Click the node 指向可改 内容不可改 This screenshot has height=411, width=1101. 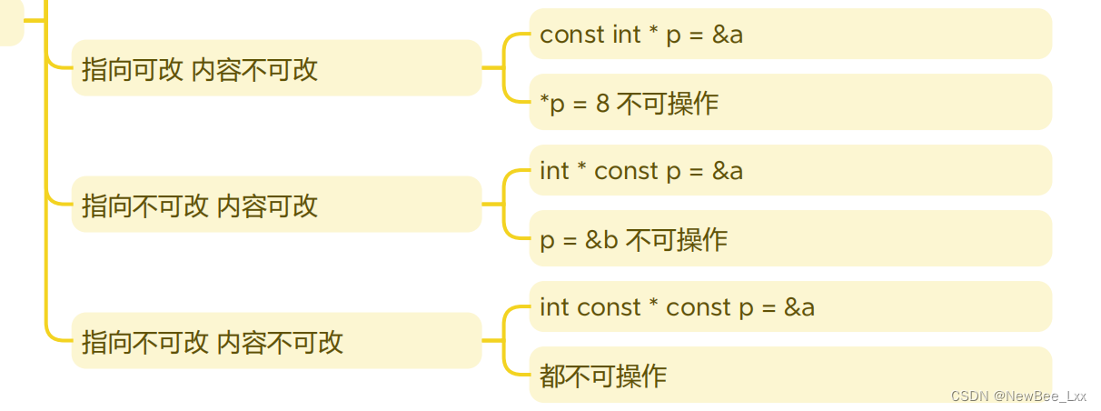(x=276, y=68)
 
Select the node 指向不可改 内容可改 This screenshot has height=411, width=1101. (x=276, y=205)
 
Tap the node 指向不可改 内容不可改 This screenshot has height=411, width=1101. (x=276, y=341)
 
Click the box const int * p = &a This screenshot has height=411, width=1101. (x=789, y=35)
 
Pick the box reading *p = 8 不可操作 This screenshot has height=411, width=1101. (x=789, y=103)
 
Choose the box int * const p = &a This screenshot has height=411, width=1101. (x=789, y=171)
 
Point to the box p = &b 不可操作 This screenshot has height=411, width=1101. (x=789, y=239)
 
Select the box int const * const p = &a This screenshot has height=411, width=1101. (x=789, y=307)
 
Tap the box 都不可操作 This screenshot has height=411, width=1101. (x=789, y=375)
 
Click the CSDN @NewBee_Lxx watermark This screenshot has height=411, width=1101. (x=1018, y=396)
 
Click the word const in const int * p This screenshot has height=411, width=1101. (x=572, y=35)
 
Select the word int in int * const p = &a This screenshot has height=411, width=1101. (x=553, y=171)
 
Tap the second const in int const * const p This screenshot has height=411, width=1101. (x=699, y=307)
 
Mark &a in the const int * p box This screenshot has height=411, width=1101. (x=728, y=35)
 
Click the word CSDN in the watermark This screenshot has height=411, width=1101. (x=968, y=396)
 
